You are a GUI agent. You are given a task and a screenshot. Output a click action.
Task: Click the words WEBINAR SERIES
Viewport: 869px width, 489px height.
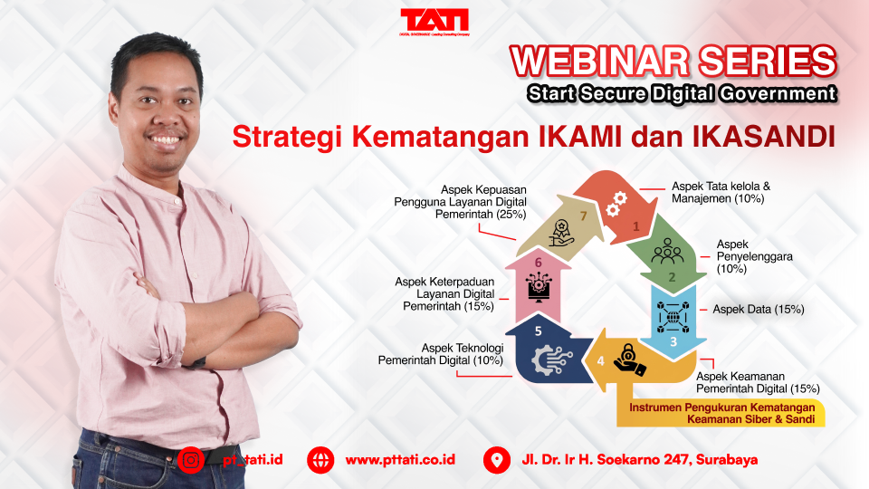[673, 62]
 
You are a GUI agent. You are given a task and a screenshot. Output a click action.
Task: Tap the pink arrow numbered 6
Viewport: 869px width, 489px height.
[539, 284]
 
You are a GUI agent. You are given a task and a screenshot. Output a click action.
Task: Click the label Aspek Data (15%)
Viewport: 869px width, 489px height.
[759, 310]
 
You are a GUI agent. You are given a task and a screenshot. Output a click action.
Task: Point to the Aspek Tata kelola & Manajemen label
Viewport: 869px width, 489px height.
[720, 192]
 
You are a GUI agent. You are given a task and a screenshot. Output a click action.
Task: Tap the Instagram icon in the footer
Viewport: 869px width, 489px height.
[191, 459]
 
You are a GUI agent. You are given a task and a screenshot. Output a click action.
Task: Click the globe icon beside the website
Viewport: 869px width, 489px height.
[320, 459]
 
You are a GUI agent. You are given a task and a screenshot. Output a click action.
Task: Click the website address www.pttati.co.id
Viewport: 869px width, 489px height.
[399, 460]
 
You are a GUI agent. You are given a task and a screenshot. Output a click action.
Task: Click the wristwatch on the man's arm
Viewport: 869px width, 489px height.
[198, 361]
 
